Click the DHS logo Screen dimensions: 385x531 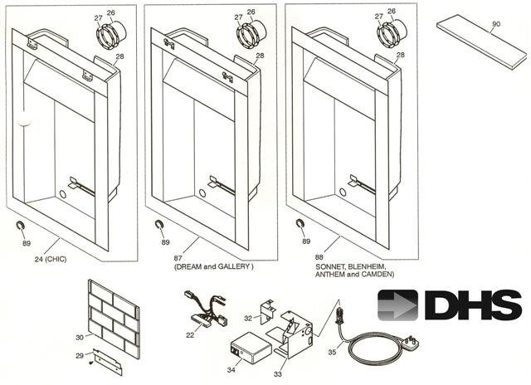pos(449,305)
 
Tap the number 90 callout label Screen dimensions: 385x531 pos(496,25)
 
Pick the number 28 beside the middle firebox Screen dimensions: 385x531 pos(260,56)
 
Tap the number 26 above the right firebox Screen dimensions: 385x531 pos(391,12)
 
